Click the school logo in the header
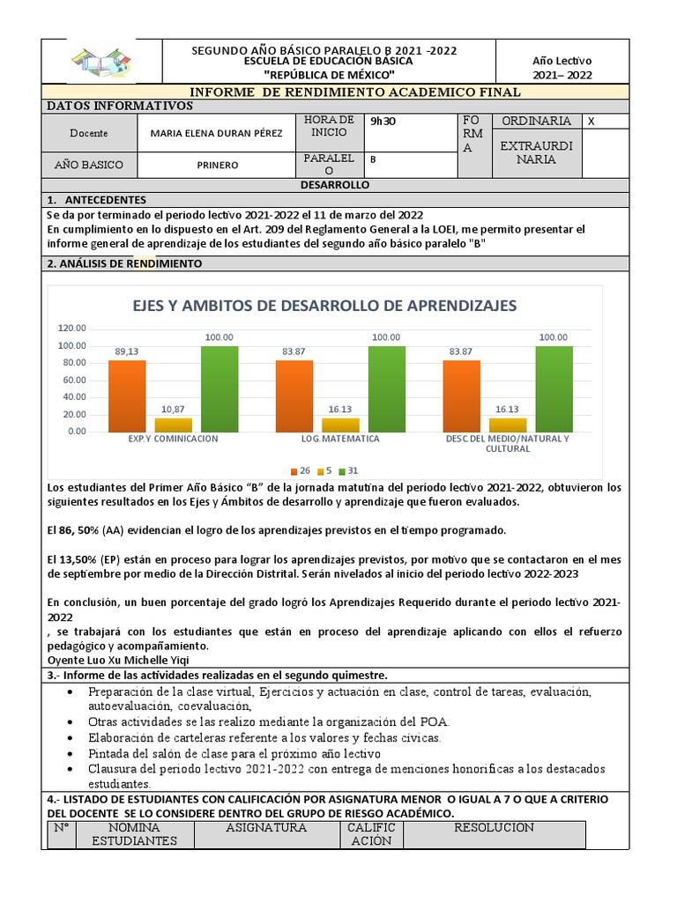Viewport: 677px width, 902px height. (100, 63)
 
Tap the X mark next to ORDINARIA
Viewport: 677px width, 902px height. (591, 122)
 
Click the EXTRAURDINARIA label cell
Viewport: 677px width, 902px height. (535, 152)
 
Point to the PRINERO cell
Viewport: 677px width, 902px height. (217, 165)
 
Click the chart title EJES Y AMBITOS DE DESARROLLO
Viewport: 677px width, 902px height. (324, 306)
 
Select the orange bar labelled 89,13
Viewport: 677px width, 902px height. (127, 396)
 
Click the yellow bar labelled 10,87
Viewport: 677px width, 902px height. (173, 425)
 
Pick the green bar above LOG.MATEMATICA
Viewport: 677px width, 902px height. (386, 388)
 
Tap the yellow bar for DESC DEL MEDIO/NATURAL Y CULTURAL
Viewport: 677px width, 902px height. (508, 425)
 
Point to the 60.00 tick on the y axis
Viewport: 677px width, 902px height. (72, 380)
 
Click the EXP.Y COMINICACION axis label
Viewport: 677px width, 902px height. (173, 439)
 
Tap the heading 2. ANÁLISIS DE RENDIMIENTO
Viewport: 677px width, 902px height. (124, 263)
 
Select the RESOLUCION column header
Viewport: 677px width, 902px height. (494, 828)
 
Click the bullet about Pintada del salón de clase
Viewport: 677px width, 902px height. (234, 754)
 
